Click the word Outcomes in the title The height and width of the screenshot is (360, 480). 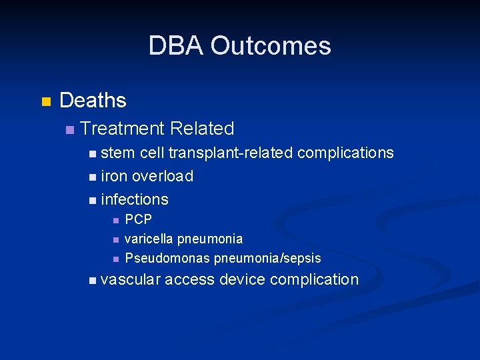coord(270,46)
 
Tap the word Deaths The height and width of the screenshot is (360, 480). coord(93,101)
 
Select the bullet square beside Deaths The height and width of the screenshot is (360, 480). coord(45,102)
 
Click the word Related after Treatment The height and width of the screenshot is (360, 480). coord(202,128)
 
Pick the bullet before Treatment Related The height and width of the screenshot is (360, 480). coord(70,129)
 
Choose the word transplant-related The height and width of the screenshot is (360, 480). coord(231,153)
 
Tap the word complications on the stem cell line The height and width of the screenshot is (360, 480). coord(345,153)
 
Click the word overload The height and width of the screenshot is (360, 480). coord(163,176)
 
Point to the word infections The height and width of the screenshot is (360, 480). coord(135,199)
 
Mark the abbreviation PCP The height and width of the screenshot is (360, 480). coord(139,219)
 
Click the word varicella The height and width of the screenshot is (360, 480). coord(149,239)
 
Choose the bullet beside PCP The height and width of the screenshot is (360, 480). coord(115,220)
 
